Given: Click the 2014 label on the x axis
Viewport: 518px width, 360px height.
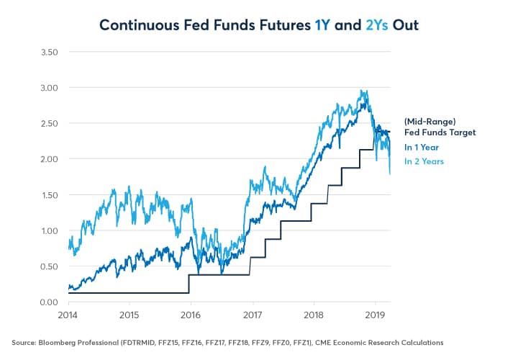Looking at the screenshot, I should (x=68, y=316).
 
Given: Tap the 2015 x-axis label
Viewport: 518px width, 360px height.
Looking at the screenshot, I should (x=129, y=316).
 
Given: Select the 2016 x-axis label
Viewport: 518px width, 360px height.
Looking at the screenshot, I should (x=190, y=316).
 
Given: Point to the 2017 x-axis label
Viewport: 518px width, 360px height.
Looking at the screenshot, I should (x=251, y=316).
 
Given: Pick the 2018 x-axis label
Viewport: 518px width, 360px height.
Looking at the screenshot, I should (x=312, y=316).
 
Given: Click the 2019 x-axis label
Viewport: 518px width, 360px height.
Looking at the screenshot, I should (x=373, y=316).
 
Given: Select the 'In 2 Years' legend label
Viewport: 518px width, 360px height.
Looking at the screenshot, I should (x=424, y=161).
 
